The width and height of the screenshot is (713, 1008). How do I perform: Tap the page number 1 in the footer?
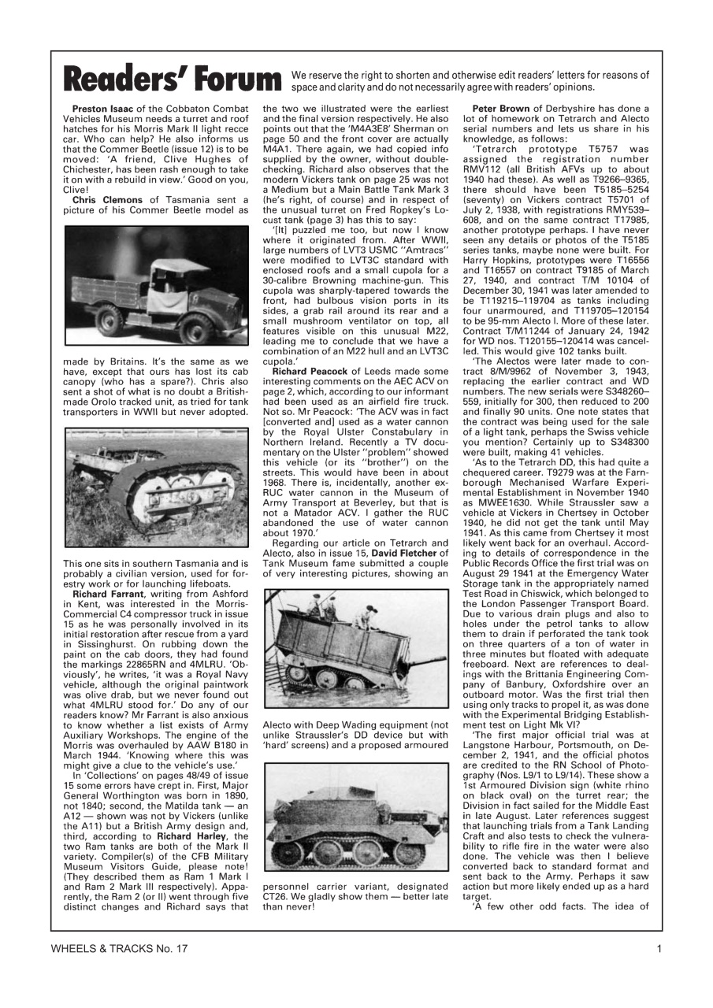pos(658,949)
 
